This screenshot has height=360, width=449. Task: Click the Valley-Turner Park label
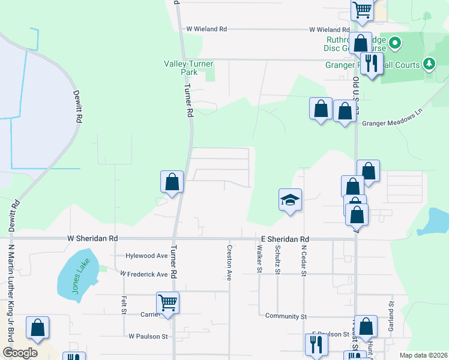pyautogui.click(x=181, y=68)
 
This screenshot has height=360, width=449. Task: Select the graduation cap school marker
pyautogui.click(x=290, y=200)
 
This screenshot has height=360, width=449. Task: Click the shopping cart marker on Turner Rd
pyautogui.click(x=167, y=302)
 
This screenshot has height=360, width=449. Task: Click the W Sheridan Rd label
pyautogui.click(x=92, y=238)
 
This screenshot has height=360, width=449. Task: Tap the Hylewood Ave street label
pyautogui.click(x=146, y=256)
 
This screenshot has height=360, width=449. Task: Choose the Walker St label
pyautogui.click(x=260, y=259)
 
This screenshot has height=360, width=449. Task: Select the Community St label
pyautogui.click(x=286, y=316)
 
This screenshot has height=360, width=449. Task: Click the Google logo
pyautogui.click(x=20, y=353)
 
